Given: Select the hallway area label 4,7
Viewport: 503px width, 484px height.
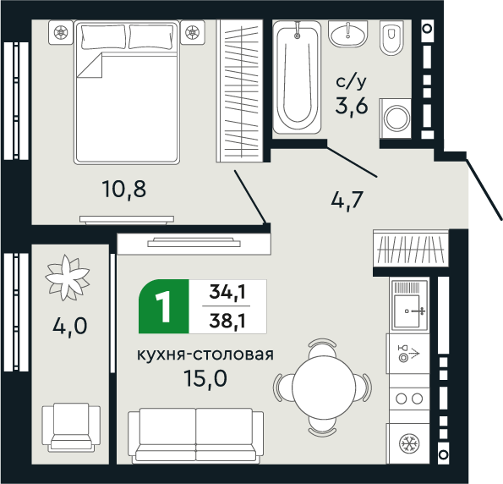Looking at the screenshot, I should tap(347, 201).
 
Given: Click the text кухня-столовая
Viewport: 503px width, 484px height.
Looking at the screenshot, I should tap(205, 354).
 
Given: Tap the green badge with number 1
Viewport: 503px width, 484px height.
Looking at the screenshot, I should tap(164, 305).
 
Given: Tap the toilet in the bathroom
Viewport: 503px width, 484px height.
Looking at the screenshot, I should tap(391, 39).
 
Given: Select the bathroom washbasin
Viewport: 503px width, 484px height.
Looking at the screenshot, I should tap(347, 36).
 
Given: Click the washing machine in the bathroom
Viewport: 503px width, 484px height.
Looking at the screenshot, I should tap(395, 117).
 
